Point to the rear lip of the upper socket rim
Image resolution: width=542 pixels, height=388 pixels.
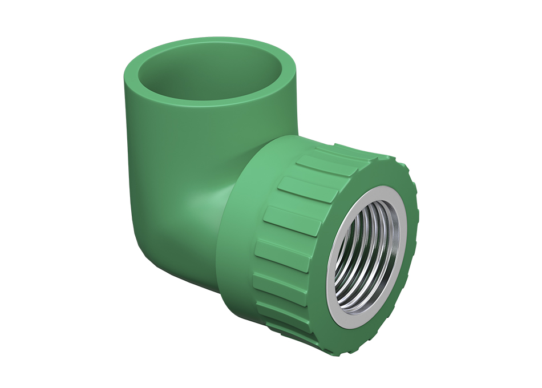coord(211,41)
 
